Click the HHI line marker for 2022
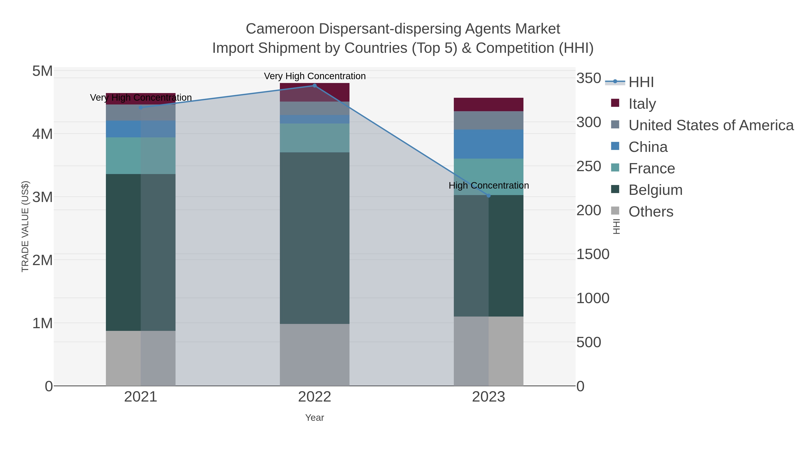[x=315, y=86]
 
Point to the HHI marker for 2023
[x=489, y=196]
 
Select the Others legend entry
[x=650, y=212]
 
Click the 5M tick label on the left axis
[x=43, y=71]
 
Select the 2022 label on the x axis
[x=315, y=397]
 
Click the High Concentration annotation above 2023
[x=489, y=185]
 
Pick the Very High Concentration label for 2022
[x=315, y=76]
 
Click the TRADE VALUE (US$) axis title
[x=25, y=226]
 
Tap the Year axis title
[x=315, y=418]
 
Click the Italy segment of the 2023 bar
[x=489, y=104]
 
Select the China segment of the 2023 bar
[x=489, y=144]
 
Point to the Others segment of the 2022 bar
[x=315, y=355]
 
